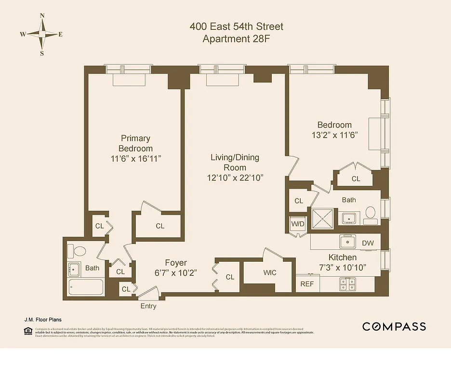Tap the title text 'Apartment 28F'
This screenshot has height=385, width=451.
236,39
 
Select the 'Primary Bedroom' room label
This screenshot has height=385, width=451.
135,143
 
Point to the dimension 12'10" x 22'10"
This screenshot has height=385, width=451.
235,178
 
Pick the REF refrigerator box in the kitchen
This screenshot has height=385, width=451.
307,284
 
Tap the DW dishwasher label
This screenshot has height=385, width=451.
368,243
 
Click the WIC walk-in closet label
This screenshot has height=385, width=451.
270,273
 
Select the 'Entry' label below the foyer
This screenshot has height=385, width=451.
148,306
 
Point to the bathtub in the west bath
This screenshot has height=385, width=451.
86,287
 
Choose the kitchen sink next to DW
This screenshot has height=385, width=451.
347,241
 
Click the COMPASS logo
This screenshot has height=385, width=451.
394,327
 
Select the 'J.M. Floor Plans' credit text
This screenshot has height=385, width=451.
43,319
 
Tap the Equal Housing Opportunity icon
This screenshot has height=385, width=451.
27,331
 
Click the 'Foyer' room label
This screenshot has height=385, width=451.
176,263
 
